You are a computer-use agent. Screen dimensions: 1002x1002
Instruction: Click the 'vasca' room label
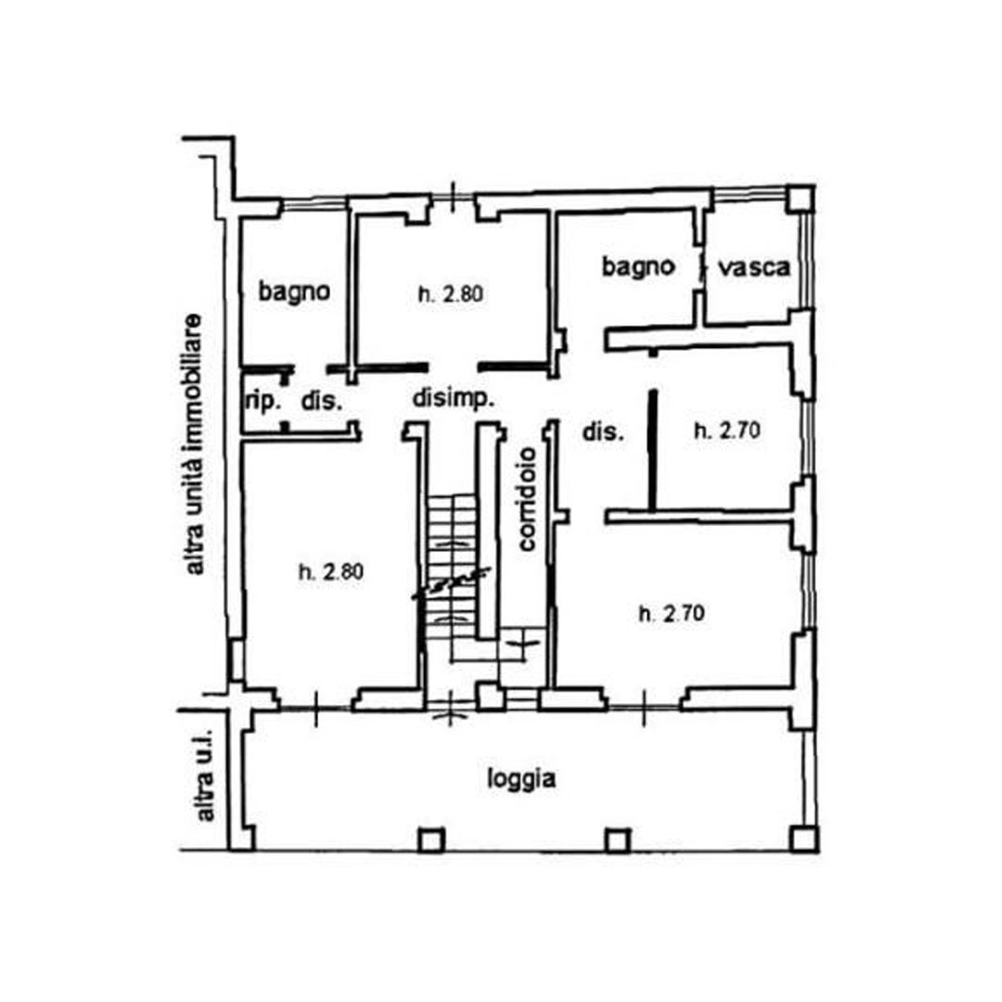tap(754, 267)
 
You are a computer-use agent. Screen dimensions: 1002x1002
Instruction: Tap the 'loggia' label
tap(521, 779)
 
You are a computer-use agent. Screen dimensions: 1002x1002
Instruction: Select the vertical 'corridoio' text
tap(527, 499)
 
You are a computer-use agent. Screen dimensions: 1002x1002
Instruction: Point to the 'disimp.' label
tap(453, 398)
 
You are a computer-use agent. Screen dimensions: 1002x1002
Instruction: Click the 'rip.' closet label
tap(263, 402)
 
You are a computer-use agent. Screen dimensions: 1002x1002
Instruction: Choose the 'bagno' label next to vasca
tap(638, 266)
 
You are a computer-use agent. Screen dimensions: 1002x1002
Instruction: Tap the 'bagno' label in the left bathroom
tap(294, 291)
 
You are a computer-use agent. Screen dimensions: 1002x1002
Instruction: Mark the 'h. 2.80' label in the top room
tap(451, 295)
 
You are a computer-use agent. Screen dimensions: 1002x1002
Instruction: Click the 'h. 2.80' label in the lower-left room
tap(331, 572)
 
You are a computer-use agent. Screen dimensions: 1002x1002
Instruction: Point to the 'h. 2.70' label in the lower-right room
tap(672, 614)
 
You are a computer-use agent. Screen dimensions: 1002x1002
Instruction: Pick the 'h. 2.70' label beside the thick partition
tap(727, 430)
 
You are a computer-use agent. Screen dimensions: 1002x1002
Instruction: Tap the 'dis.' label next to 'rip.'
tap(322, 402)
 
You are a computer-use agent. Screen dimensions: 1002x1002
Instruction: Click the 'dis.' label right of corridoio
tap(603, 432)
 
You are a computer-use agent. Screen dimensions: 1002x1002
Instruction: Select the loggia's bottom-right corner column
tap(803, 839)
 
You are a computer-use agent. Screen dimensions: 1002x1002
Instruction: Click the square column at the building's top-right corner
tap(800, 199)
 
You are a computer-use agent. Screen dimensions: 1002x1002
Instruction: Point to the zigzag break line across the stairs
tap(452, 583)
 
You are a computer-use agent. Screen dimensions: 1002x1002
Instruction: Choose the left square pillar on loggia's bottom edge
tap(431, 841)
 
